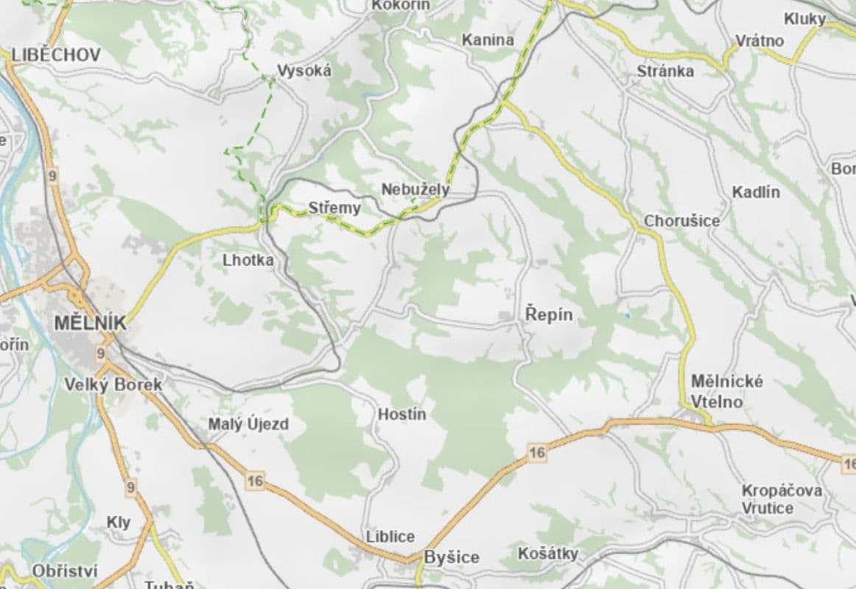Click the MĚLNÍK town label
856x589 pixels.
point(90,322)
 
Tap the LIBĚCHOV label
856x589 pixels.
point(56,54)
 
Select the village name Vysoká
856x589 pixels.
point(304,71)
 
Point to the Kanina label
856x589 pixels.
point(488,40)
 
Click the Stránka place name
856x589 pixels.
point(665,71)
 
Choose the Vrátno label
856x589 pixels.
point(760,40)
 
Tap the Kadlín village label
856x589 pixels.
point(756,192)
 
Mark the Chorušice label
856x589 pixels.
point(682,220)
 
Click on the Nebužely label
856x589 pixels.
point(415,189)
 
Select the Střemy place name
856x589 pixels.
point(335,208)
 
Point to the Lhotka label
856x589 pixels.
point(248,260)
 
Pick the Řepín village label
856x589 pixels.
point(549,314)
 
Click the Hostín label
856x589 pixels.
point(402,414)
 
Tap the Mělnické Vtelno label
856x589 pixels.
point(717,392)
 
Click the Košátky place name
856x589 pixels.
point(548,553)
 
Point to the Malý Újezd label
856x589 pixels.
point(249,424)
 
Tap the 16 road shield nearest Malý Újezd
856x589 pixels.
point(256,482)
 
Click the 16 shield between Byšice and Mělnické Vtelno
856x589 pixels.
point(537,452)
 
